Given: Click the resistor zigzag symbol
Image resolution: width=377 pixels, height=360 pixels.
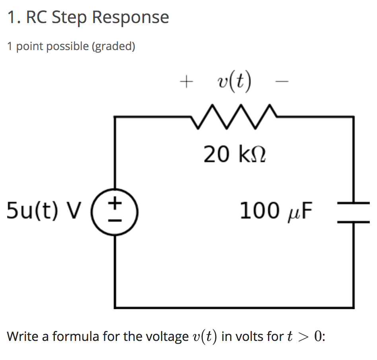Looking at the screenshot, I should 233,117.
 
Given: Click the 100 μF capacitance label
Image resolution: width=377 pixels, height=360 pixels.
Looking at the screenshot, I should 276,211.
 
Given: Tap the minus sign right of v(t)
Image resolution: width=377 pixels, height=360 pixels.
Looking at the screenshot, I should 281,82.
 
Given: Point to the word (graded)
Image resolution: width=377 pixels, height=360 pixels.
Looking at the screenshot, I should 113,46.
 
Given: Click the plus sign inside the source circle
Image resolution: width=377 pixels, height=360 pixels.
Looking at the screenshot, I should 115,203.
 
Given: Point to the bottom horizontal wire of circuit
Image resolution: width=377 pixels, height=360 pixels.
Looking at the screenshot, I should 235,307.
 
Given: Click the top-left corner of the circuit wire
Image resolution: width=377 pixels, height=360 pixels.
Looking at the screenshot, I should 115,117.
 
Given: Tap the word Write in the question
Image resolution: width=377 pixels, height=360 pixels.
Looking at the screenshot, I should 22,337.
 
